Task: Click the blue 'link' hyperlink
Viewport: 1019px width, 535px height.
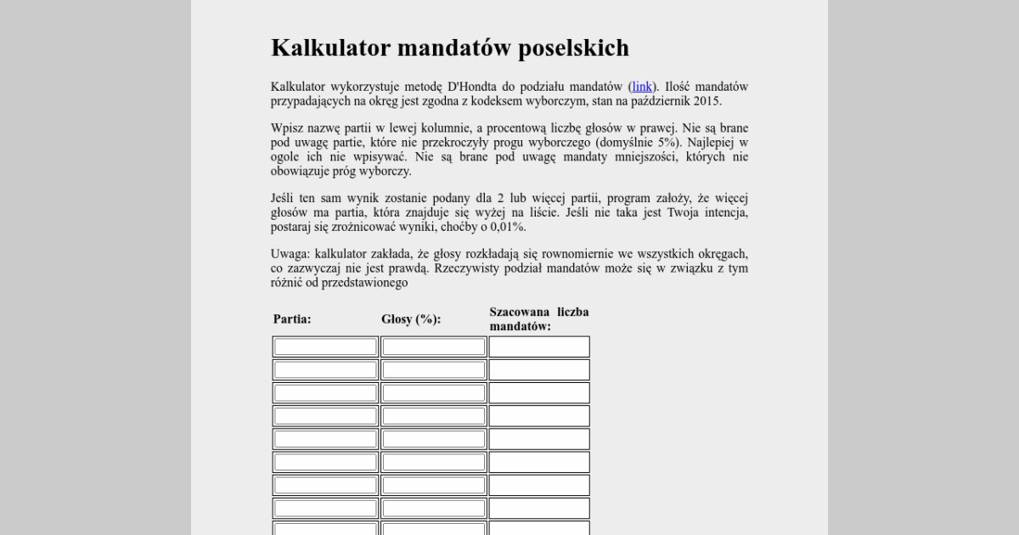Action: point(642,87)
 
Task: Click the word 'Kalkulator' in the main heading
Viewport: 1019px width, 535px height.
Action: point(328,48)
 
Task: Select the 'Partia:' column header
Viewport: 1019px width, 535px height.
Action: point(292,319)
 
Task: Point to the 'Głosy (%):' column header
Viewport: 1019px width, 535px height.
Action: point(411,319)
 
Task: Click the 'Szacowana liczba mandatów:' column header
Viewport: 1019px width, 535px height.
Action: point(538,318)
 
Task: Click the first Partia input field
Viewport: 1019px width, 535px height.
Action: point(325,346)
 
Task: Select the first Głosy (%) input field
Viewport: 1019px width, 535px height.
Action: point(433,346)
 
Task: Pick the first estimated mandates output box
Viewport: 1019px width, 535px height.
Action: point(538,346)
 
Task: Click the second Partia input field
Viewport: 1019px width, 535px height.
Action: point(325,369)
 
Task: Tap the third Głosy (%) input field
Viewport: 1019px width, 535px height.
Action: point(433,393)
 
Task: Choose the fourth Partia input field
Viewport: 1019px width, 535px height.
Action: point(325,416)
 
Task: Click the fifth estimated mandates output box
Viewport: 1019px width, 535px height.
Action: point(538,439)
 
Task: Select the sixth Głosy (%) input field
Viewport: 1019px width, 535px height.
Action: point(433,462)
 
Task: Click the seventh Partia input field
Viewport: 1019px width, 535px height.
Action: point(325,485)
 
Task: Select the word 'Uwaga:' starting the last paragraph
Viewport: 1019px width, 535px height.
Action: point(290,254)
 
